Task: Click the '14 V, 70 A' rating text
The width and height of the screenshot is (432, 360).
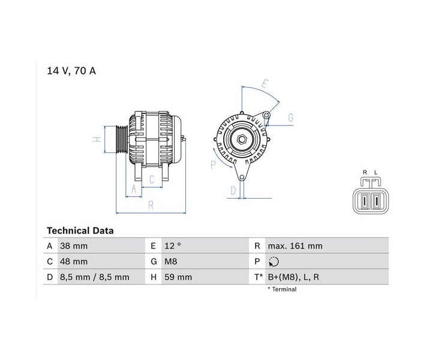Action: [x=71, y=71]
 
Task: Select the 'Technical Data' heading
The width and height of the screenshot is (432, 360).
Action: [x=80, y=230]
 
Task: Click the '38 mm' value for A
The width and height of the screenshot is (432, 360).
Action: [x=74, y=245]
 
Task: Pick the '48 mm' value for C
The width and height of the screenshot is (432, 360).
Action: [x=74, y=262]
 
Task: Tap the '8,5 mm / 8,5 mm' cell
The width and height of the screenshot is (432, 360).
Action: [x=95, y=277]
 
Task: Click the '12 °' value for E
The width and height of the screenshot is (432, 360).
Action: [x=173, y=245]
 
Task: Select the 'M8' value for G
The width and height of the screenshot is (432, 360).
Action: [x=171, y=262]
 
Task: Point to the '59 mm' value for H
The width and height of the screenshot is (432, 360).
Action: [x=178, y=277]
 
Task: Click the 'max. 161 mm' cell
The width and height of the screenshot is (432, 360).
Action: [x=295, y=245]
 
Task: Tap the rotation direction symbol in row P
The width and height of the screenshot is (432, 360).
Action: [x=274, y=262]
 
